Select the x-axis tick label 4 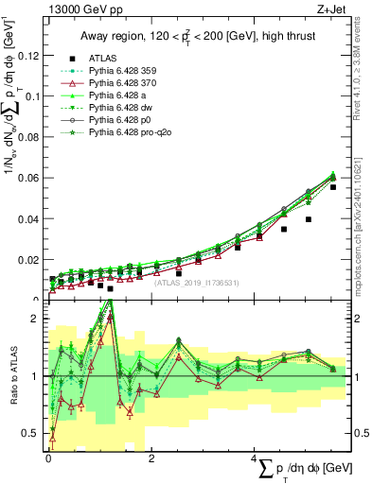pos(256,458)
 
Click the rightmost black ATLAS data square pos(333,187)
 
